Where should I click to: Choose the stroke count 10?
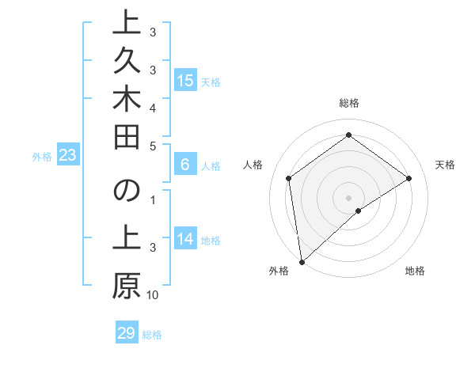click(x=153, y=295)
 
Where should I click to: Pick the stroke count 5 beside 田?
click(x=153, y=146)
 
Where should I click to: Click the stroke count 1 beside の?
click(x=153, y=199)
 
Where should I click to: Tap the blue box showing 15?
click(x=185, y=80)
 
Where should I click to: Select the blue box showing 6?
click(x=185, y=165)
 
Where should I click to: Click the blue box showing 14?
click(x=185, y=239)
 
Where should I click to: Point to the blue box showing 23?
click(x=67, y=156)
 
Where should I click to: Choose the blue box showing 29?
click(x=126, y=333)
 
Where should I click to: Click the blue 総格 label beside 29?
click(x=153, y=335)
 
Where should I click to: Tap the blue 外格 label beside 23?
click(x=42, y=157)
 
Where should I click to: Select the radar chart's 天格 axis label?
click(x=446, y=165)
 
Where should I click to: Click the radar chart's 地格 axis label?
click(x=415, y=271)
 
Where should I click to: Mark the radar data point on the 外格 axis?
click(x=301, y=262)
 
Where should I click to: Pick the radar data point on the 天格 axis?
click(x=409, y=178)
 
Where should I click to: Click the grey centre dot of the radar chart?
click(x=348, y=197)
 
